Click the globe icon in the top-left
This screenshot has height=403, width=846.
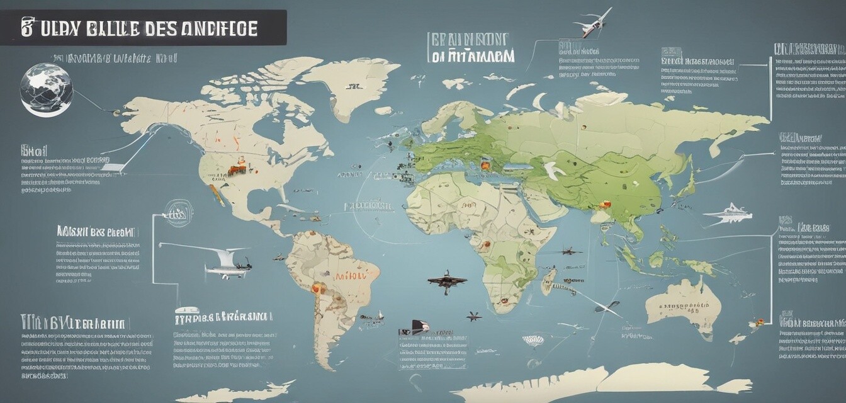[x=46, y=89]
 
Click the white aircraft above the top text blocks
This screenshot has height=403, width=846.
[x=593, y=23]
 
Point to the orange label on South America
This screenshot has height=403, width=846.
[x=347, y=275]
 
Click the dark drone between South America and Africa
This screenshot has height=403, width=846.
[x=446, y=280]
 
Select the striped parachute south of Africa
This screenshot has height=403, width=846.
[x=533, y=341]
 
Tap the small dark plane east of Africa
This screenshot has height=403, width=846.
[x=570, y=251]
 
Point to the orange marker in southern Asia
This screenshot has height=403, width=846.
[x=605, y=204]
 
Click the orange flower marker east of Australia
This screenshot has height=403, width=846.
[x=759, y=322]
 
